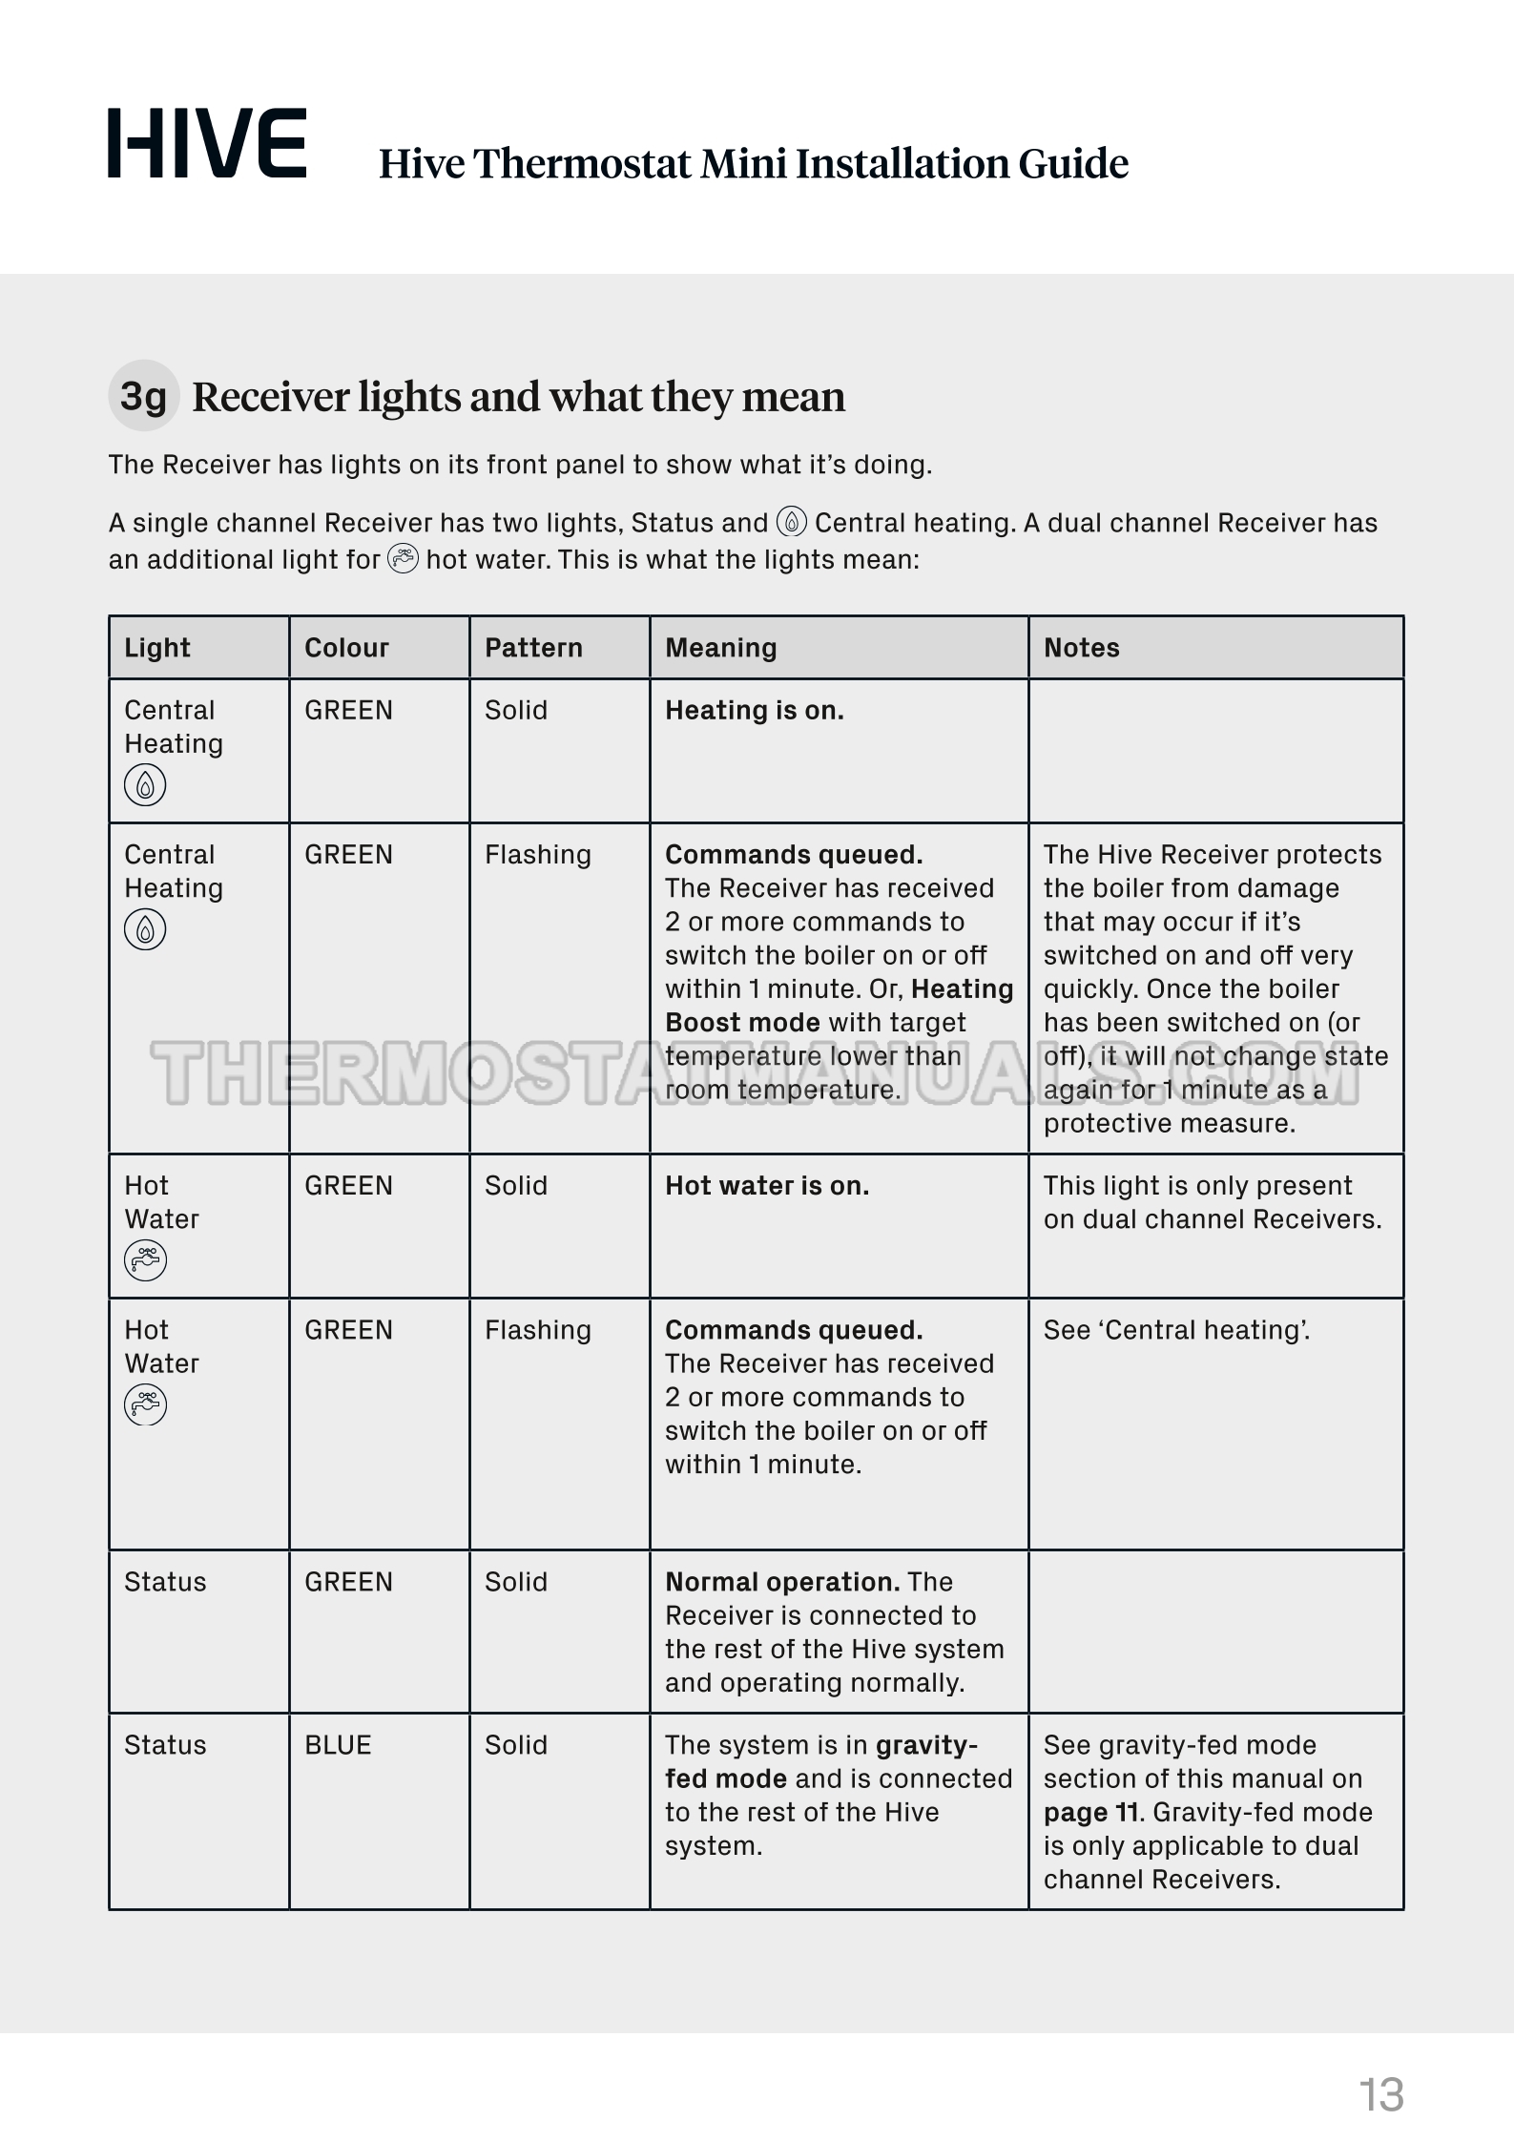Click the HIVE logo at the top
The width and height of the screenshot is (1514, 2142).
pos(207,143)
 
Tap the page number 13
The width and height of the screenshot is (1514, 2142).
pos(1380,2095)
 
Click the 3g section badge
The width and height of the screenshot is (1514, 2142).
pos(143,395)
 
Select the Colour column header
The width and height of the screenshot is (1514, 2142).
pos(346,648)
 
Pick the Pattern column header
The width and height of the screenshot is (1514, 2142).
pos(533,648)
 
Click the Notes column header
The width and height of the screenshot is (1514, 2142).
pos(1081,648)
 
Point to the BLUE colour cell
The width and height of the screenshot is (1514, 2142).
pos(338,1745)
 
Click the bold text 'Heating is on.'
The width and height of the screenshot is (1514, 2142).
pos(754,711)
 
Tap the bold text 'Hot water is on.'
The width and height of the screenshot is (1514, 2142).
pos(766,1186)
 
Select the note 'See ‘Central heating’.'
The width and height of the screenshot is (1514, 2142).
pos(1176,1330)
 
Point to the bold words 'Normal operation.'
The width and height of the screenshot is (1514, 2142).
pos(782,1582)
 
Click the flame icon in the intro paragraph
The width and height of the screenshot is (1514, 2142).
pos(792,522)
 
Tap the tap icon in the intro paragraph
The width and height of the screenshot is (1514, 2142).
pos(403,558)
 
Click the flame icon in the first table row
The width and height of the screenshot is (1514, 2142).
pos(145,785)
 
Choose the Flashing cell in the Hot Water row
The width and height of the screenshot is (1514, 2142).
pos(537,1330)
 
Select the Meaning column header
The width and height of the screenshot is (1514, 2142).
pos(720,648)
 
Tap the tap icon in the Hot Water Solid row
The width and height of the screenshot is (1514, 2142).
pos(145,1260)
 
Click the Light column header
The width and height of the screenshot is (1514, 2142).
pos(157,648)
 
